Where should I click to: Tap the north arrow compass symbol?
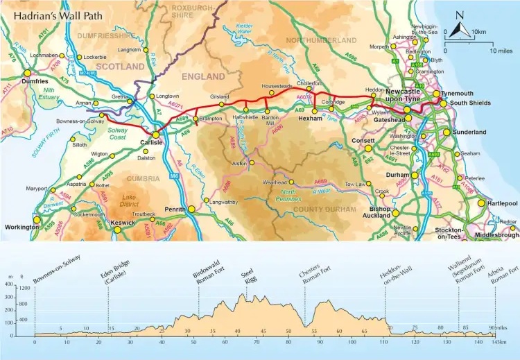coord(458,27)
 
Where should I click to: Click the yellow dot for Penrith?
coord(191,208)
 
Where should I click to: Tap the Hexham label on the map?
coord(310,119)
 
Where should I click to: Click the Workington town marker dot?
coord(37,219)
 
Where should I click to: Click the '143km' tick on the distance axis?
coord(496,342)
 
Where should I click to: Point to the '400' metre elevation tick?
coord(9,284)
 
